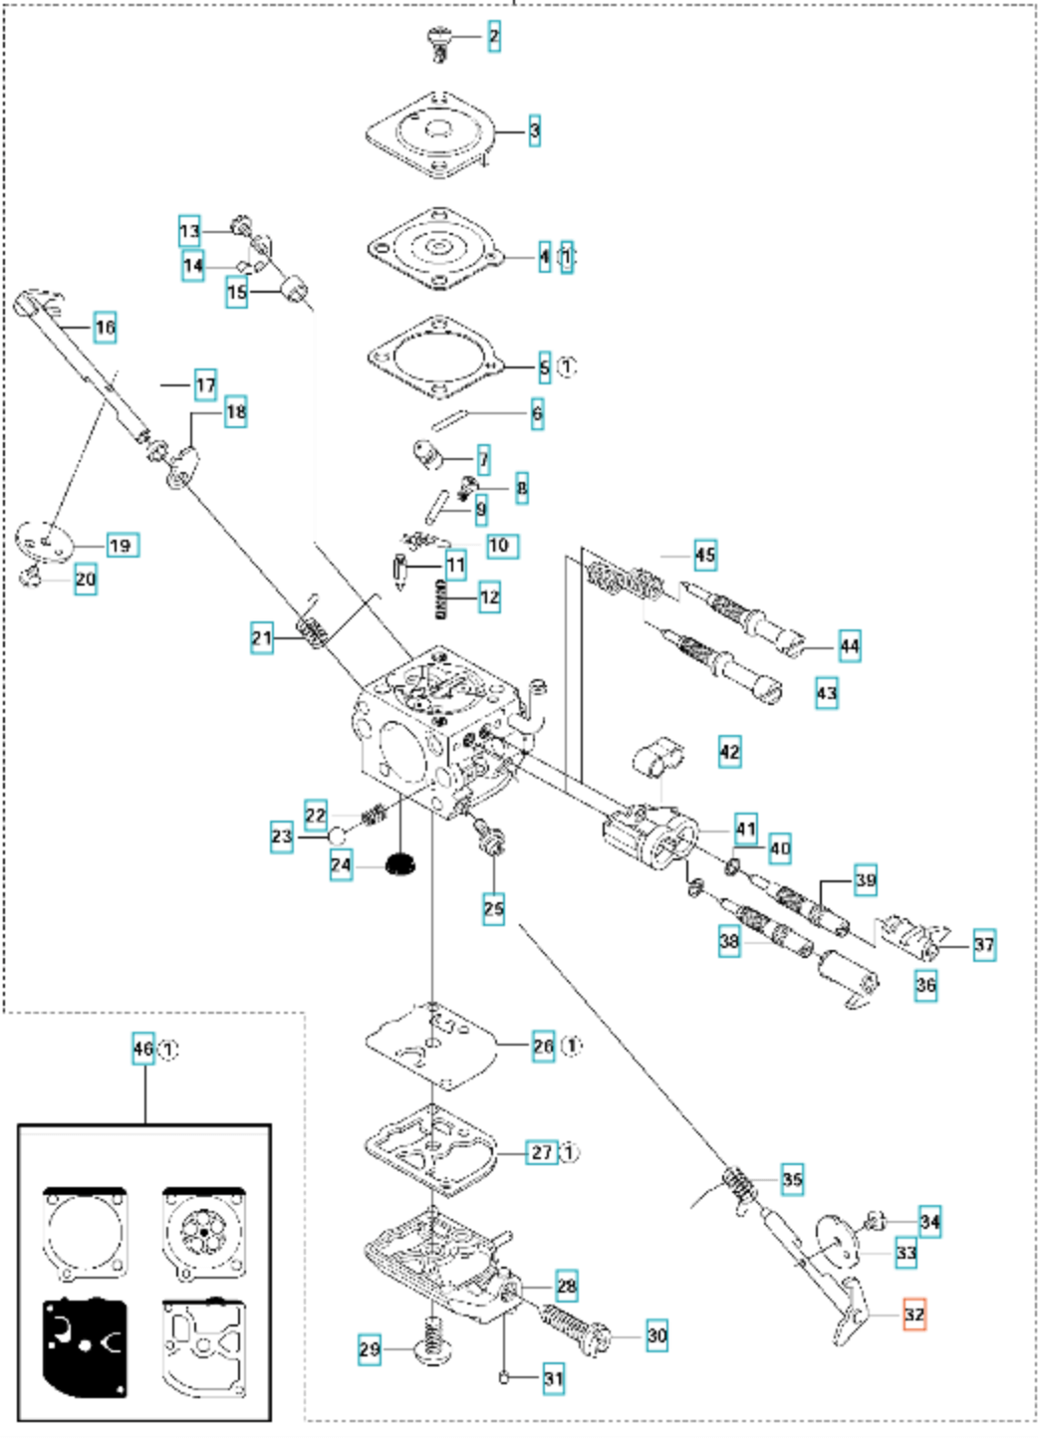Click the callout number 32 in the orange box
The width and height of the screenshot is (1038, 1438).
(913, 1315)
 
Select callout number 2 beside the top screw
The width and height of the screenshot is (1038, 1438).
(493, 38)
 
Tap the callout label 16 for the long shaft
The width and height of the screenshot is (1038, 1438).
(105, 327)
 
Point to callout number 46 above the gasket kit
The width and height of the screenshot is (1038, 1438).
(144, 1049)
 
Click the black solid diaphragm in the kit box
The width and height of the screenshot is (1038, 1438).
(85, 1347)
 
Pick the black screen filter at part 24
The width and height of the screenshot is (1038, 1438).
(401, 863)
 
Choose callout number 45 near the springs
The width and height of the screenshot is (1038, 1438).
(705, 555)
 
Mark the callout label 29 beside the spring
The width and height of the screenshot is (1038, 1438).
(370, 1349)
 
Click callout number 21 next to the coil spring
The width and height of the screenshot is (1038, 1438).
(262, 638)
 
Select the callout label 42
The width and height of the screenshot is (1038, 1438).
(729, 751)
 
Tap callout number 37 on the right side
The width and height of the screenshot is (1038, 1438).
(983, 944)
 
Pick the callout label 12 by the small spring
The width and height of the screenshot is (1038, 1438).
(489, 598)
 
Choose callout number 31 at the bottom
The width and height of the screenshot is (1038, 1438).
(553, 1379)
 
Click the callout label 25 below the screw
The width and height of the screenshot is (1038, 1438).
(494, 908)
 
